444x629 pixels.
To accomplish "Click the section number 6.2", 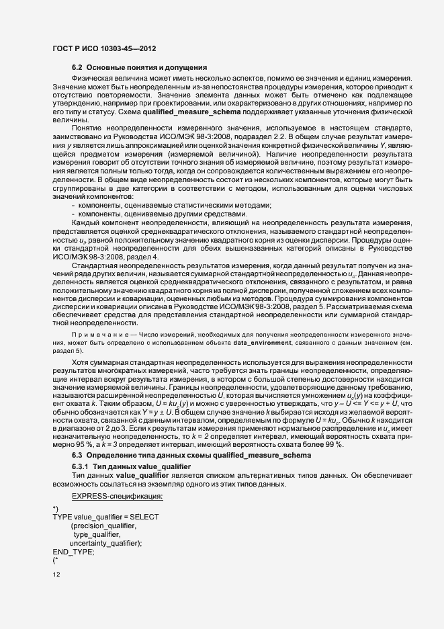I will click(x=77, y=69).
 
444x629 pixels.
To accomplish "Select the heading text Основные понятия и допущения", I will click(x=146, y=69).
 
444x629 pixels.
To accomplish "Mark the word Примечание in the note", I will click(x=97, y=334).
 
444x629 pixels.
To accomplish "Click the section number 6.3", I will click(x=77, y=456).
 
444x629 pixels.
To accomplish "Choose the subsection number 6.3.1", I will click(x=80, y=466).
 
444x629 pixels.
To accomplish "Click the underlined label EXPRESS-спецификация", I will click(x=117, y=496).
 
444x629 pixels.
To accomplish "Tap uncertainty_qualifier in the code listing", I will click(x=105, y=543).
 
